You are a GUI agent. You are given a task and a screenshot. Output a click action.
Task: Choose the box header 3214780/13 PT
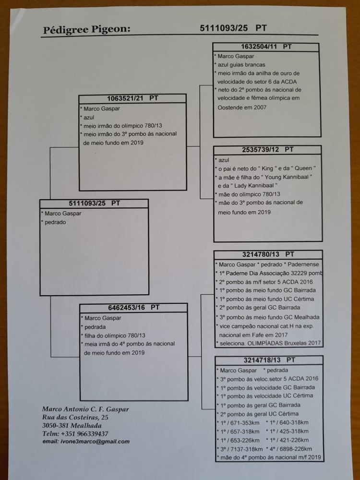click(268, 254)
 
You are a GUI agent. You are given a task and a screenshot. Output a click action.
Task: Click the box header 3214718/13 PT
click(269, 360)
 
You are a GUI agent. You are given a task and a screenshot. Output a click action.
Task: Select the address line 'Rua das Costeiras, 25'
click(75, 418)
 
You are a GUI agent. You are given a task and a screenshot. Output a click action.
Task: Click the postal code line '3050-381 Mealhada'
click(72, 425)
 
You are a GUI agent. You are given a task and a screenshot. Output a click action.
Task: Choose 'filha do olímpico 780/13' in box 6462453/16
click(115, 335)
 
